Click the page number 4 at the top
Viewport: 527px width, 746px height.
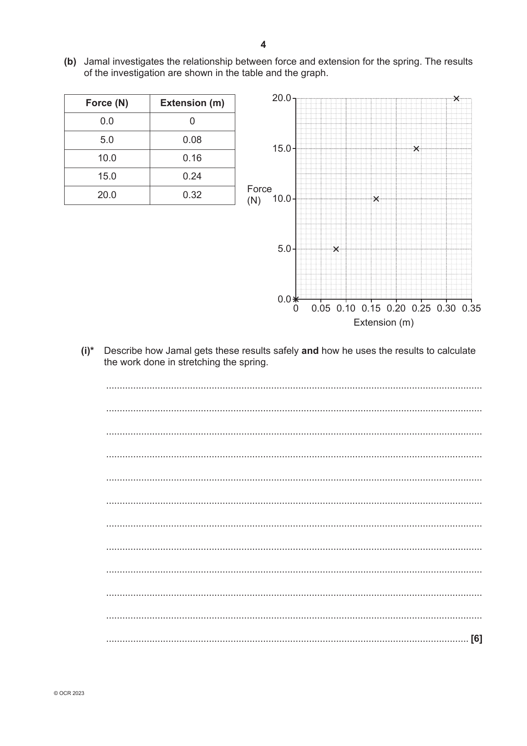(x=263, y=45)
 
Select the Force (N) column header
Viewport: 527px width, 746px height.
(x=107, y=103)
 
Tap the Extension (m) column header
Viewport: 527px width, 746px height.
(x=192, y=103)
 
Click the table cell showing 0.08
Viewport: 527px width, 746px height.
(x=192, y=140)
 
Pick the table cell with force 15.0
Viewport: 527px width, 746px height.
(x=107, y=176)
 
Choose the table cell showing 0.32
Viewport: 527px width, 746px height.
(x=192, y=195)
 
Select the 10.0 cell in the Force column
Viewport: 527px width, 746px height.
(x=107, y=158)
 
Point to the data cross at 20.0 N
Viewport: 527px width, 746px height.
(x=456, y=98)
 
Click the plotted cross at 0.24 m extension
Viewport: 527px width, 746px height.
(x=416, y=148)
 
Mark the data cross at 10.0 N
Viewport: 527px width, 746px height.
(x=376, y=199)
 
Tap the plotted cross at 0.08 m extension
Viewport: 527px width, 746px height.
(x=336, y=249)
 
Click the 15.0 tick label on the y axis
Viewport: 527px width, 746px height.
(x=281, y=148)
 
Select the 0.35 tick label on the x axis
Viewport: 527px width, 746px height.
(x=471, y=309)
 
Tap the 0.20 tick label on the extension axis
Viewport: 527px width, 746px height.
(x=396, y=309)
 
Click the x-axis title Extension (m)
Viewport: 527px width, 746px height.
(x=383, y=322)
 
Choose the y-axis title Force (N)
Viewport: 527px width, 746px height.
(x=259, y=194)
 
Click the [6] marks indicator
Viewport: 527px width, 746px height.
(x=476, y=639)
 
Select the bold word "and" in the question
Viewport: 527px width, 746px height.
(x=310, y=351)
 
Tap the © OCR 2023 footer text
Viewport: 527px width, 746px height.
(x=69, y=693)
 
